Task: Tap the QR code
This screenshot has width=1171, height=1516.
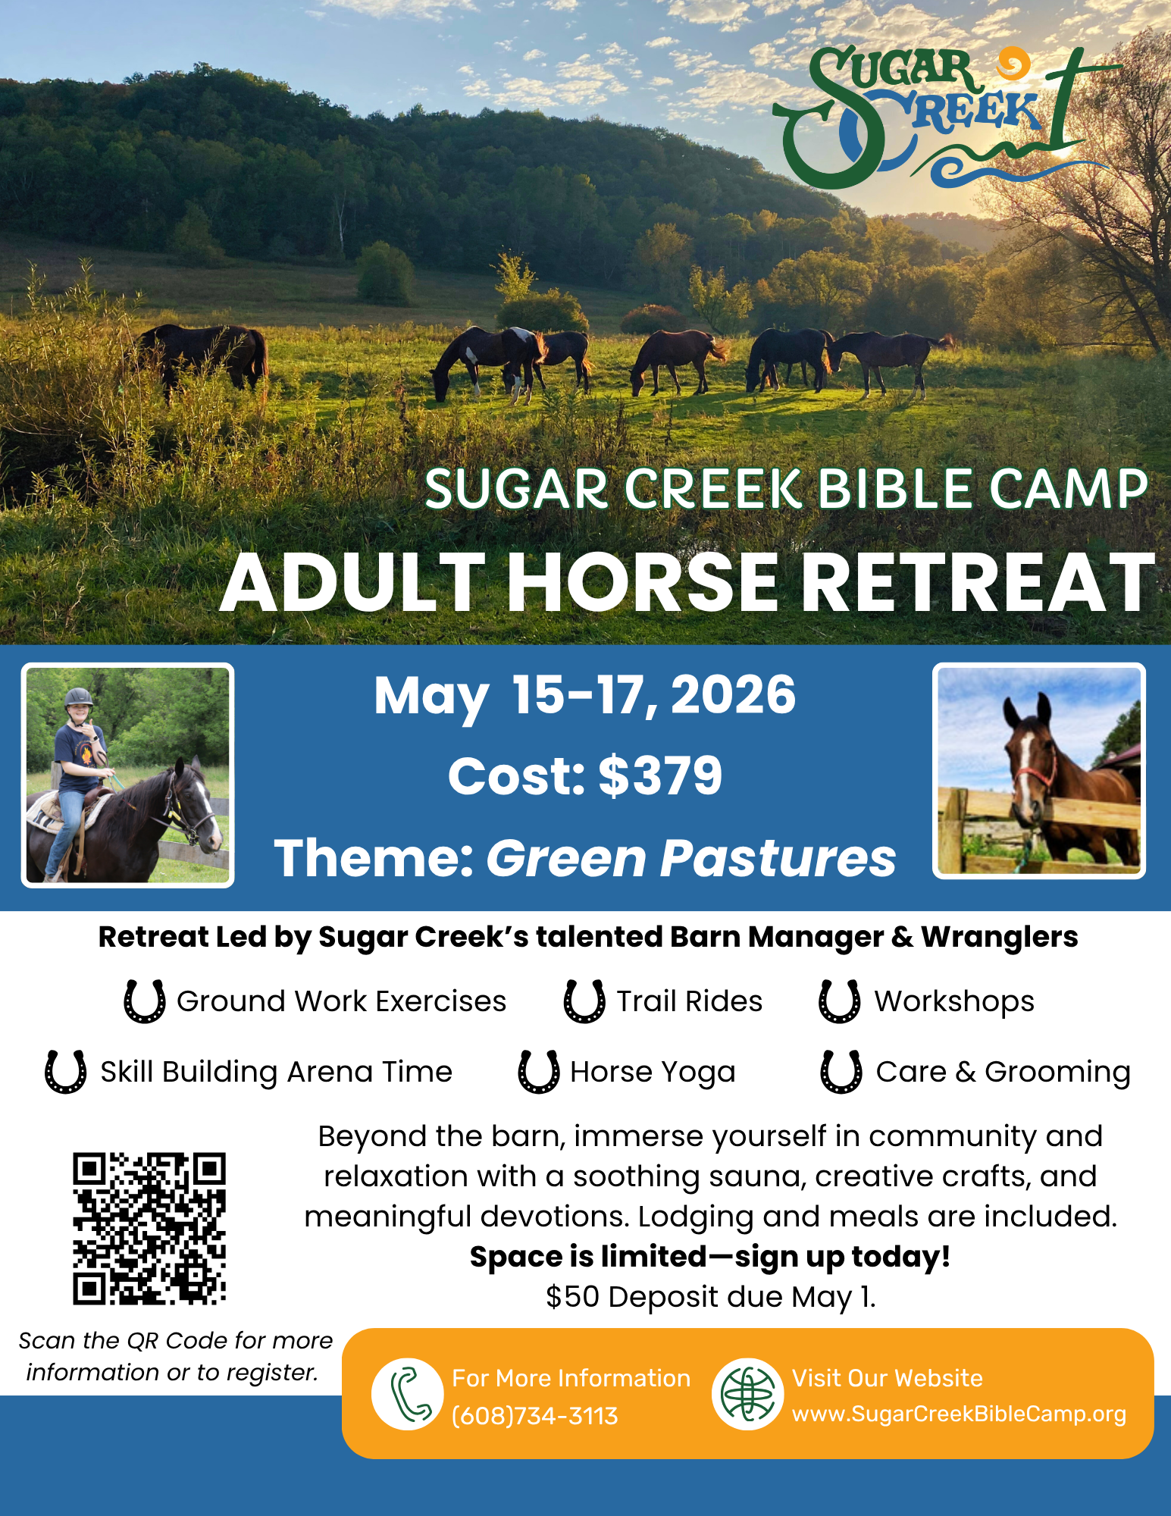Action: [149, 1229]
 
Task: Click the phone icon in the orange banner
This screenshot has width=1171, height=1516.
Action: [408, 1394]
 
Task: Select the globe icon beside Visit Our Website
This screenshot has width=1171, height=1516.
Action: [747, 1394]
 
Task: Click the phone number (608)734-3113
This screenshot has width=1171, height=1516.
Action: [535, 1416]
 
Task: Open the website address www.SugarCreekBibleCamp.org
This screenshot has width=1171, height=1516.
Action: [959, 1414]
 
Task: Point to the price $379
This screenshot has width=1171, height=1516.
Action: [660, 776]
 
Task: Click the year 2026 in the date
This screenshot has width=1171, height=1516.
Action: [733, 694]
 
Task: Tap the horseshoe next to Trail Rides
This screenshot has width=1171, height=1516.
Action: [584, 1001]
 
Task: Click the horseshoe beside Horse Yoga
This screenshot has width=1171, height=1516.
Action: [539, 1072]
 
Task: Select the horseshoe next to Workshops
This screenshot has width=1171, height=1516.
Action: [840, 1001]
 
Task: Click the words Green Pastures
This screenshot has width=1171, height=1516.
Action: [690, 858]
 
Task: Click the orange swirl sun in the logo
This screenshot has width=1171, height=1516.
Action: [1013, 64]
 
